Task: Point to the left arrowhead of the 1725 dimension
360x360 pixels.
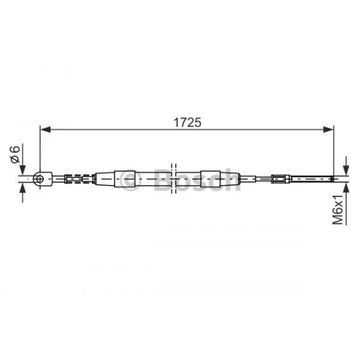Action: click(44, 130)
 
